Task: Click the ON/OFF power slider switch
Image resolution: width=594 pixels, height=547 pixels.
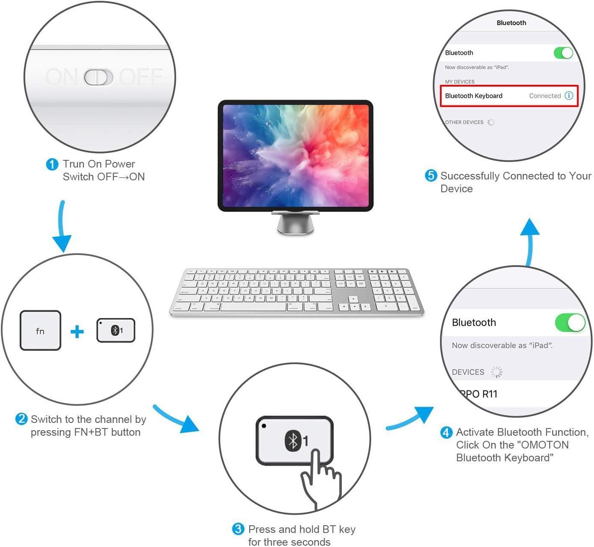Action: [x=99, y=77]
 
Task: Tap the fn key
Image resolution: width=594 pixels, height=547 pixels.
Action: [x=41, y=331]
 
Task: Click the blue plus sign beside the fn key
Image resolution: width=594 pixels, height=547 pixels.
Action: [x=77, y=331]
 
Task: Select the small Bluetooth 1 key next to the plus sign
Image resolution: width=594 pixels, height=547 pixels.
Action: [x=116, y=330]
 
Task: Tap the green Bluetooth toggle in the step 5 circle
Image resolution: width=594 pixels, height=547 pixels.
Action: [x=563, y=53]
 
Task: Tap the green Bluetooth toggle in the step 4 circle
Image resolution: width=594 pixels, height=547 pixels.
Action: [x=570, y=323]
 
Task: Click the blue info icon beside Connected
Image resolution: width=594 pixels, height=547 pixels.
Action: [x=569, y=96]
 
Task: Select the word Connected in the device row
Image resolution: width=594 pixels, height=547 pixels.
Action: [x=545, y=96]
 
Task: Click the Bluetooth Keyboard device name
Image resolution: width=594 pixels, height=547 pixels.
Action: [x=474, y=96]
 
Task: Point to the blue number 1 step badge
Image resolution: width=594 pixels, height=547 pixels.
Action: [x=52, y=164]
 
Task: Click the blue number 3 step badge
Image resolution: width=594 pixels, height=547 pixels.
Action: [x=238, y=530]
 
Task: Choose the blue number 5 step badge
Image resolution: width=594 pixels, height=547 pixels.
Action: [x=431, y=176]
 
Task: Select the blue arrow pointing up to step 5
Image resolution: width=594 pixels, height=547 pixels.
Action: [x=530, y=239]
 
